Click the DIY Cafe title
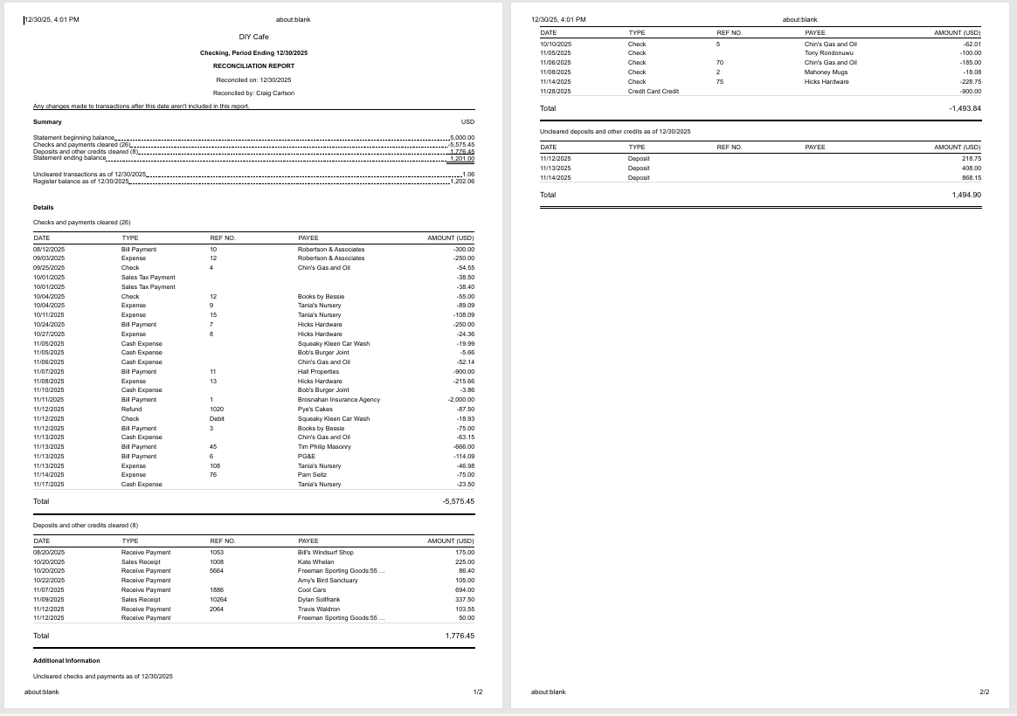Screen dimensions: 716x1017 [x=253, y=37]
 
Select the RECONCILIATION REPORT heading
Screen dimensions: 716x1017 [x=253, y=65]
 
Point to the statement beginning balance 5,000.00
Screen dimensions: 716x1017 [x=461, y=138]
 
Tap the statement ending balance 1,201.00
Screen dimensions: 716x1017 [x=461, y=158]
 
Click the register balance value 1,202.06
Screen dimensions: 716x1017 [x=461, y=181]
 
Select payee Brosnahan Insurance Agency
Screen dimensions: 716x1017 [x=339, y=400]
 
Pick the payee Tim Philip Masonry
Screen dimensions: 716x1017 [x=324, y=447]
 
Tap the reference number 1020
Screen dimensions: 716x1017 [x=217, y=410]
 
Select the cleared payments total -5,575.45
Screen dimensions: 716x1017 [x=458, y=501]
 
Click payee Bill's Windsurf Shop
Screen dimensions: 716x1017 [x=325, y=553]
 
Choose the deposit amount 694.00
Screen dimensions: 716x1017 [x=464, y=590]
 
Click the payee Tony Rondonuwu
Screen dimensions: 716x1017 [x=828, y=53]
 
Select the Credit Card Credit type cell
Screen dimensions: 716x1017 [x=654, y=91]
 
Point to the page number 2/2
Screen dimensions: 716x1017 [x=985, y=692]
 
